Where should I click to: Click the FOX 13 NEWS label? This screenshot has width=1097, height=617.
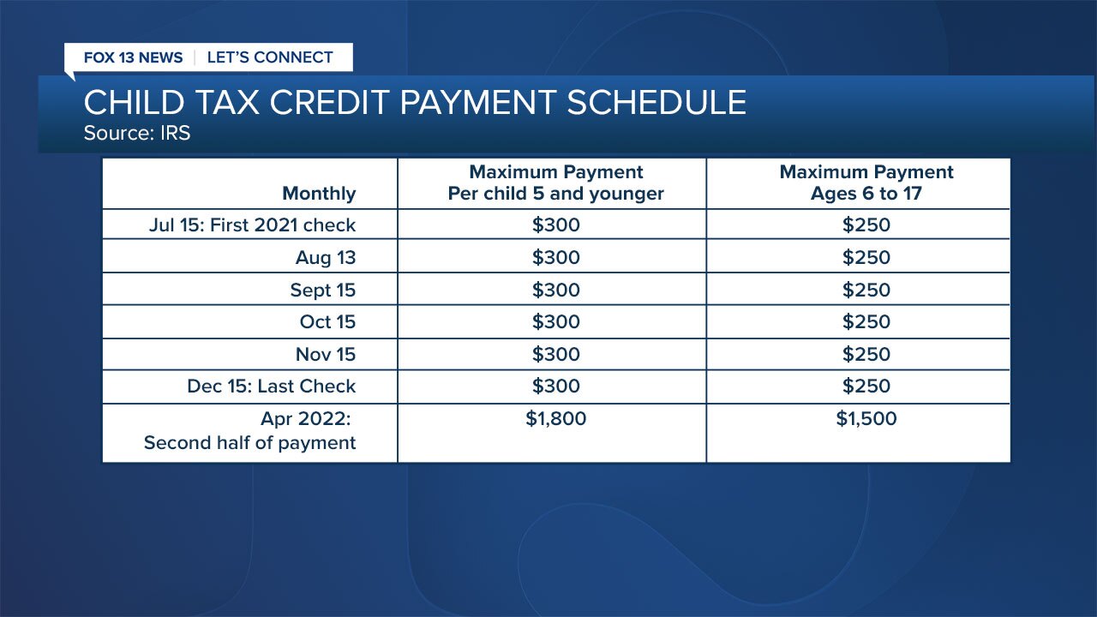[x=133, y=57]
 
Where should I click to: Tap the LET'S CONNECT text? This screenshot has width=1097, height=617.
[x=270, y=57]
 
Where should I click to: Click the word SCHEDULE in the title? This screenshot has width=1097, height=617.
[x=656, y=102]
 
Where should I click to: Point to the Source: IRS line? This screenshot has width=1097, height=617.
[x=137, y=133]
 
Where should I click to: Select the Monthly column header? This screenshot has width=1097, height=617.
[x=319, y=194]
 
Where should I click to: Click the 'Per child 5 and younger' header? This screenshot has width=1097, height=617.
[x=555, y=194]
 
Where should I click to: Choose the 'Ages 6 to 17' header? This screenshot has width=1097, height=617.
[x=866, y=194]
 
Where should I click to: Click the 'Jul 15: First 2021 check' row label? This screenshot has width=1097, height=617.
[x=252, y=225]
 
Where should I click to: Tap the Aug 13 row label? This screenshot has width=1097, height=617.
[x=325, y=258]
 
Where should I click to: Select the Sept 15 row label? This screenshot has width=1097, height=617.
[x=323, y=290]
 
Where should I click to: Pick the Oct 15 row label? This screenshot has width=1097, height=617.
[x=327, y=321]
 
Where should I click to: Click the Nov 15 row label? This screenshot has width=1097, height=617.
[x=326, y=354]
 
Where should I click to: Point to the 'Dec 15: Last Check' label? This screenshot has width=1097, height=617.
[x=272, y=386]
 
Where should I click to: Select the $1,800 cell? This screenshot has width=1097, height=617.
[x=556, y=419]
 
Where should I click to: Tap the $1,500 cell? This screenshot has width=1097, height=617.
[x=866, y=419]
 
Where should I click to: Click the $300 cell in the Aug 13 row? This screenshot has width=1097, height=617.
[x=556, y=258]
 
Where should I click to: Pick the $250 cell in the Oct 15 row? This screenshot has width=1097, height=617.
[x=866, y=321]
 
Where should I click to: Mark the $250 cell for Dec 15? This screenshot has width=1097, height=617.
[x=866, y=386]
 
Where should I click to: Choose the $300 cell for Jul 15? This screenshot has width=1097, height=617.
[x=556, y=225]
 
